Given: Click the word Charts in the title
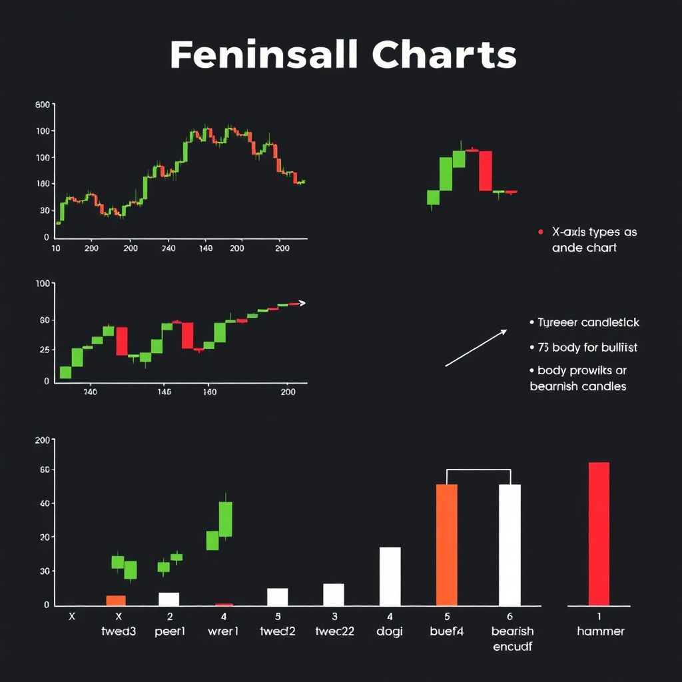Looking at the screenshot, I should pyautogui.click(x=444, y=55).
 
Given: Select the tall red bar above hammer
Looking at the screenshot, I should pyautogui.click(x=599, y=533).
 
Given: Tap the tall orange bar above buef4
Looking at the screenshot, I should pyautogui.click(x=446, y=544).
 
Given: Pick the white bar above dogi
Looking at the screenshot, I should pyautogui.click(x=390, y=576).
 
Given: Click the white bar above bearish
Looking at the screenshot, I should pyautogui.click(x=510, y=544).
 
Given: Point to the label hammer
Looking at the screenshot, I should pyautogui.click(x=600, y=631).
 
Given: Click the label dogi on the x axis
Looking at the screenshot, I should pyautogui.click(x=390, y=631).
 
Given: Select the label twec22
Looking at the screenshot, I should pyautogui.click(x=334, y=631).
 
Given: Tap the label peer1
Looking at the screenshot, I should pyautogui.click(x=169, y=631).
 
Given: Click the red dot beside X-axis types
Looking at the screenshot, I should pyautogui.click(x=540, y=232).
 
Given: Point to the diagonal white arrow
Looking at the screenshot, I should pyautogui.click(x=476, y=348).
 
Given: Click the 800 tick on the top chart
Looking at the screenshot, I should pyautogui.click(x=42, y=105).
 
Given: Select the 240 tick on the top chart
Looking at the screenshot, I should pyautogui.click(x=169, y=248).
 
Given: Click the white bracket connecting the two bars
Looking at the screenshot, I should pyautogui.click(x=478, y=470).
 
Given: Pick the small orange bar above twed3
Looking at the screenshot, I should pyautogui.click(x=116, y=600).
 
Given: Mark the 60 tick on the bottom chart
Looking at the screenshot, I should pyautogui.click(x=43, y=470).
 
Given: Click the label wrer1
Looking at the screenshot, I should pyautogui.click(x=224, y=631).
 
